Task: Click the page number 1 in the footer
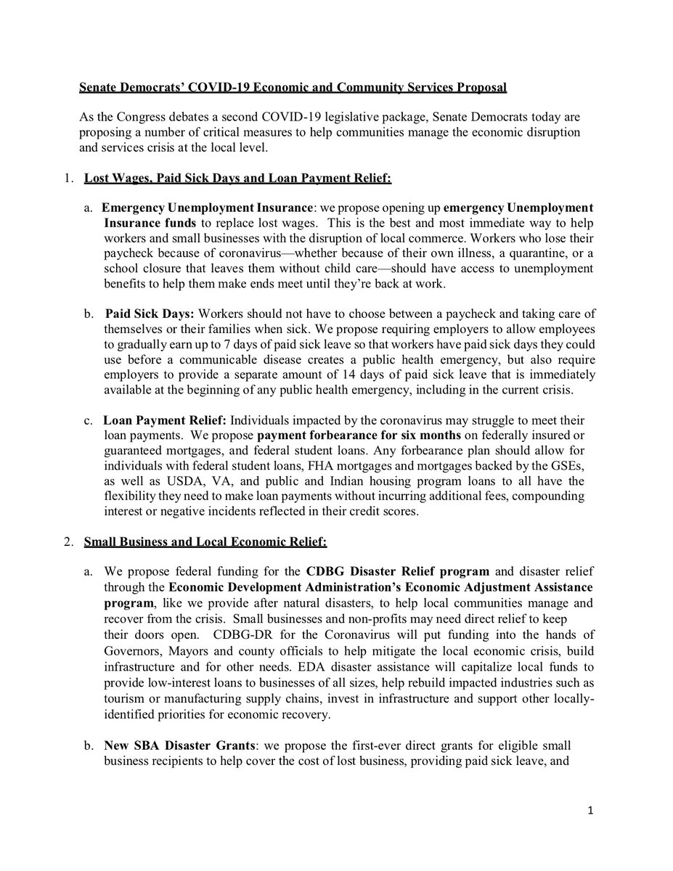[x=593, y=830]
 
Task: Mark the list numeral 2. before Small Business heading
[x=65, y=538]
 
